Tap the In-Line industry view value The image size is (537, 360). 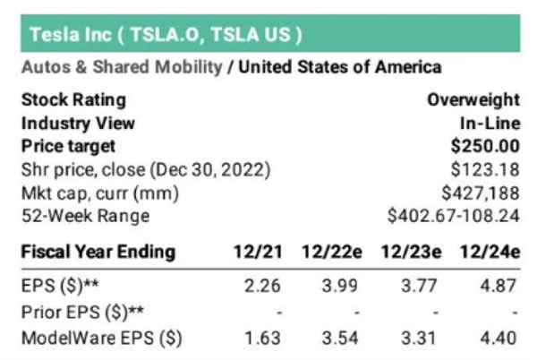tap(490, 123)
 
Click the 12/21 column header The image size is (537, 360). tap(261, 252)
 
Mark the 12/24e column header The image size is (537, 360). tap(490, 252)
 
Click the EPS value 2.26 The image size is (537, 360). tap(262, 289)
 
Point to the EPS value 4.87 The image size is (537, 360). tap(500, 289)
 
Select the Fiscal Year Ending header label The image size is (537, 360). tap(98, 252)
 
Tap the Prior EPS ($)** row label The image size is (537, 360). tap(74, 313)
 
